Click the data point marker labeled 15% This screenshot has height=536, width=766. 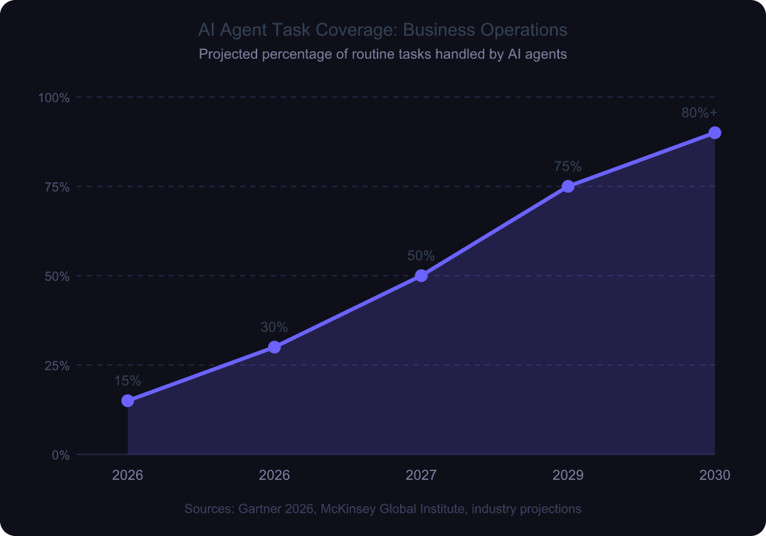click(128, 401)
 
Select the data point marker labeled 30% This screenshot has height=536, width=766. click(274, 347)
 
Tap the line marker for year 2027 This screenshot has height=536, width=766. click(421, 276)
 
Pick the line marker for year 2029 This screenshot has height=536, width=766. click(568, 187)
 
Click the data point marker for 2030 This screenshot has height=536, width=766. click(715, 133)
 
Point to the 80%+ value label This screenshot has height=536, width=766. click(699, 113)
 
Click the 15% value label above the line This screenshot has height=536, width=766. click(128, 381)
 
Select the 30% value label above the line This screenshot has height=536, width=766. click(274, 327)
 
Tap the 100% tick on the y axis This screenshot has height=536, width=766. click(54, 98)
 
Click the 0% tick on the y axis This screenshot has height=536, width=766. click(60, 455)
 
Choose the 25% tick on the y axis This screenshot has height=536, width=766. click(57, 366)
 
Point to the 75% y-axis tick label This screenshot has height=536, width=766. click(57, 187)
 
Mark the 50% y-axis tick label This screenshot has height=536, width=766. click(57, 276)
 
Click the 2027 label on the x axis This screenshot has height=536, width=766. click(421, 475)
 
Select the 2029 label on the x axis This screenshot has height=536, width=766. click(568, 475)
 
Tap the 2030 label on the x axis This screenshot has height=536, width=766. click(715, 475)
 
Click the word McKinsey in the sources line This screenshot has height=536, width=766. click(348, 509)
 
